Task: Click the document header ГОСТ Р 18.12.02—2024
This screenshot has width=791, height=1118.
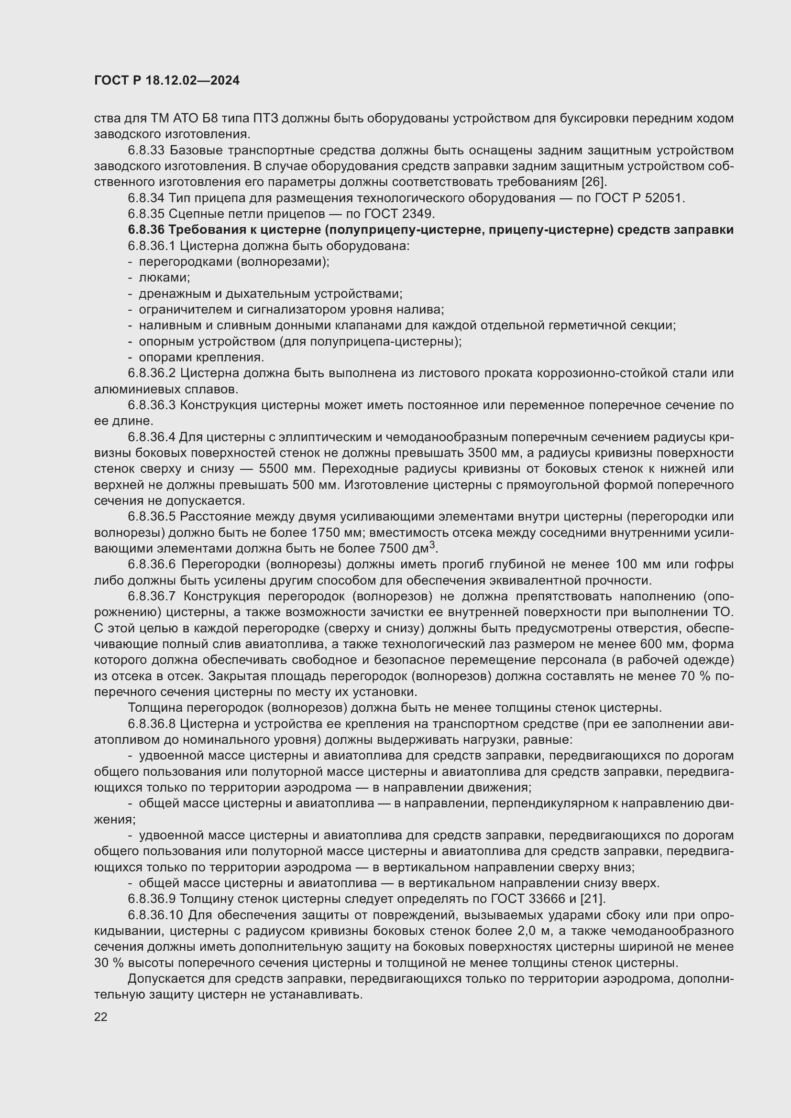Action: (166, 81)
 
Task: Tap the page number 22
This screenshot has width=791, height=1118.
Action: (101, 1017)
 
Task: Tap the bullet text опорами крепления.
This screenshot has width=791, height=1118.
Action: (201, 358)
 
